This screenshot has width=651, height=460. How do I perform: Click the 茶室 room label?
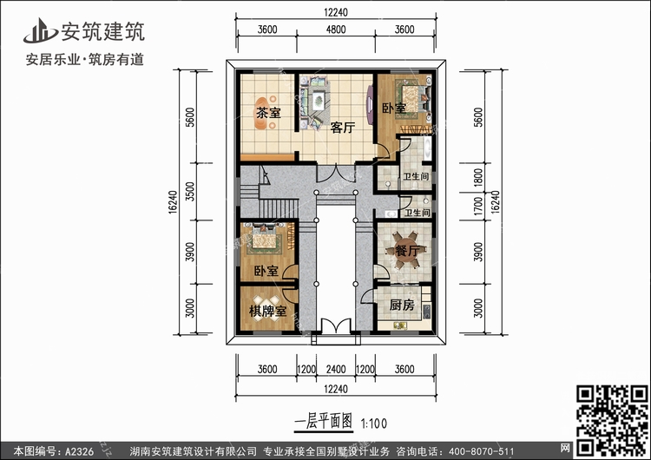tap(268, 113)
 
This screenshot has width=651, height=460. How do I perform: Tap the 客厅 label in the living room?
tap(343, 128)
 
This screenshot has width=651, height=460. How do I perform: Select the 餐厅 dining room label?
tap(408, 252)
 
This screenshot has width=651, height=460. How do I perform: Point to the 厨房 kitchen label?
tap(400, 305)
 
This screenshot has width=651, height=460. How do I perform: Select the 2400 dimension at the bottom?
tap(336, 369)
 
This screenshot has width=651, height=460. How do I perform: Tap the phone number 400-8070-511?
tap(478, 450)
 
